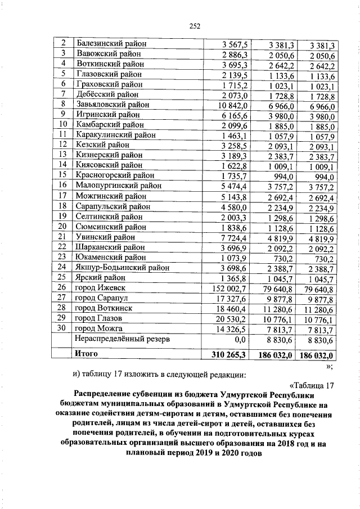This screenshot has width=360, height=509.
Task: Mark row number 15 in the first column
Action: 63,175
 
